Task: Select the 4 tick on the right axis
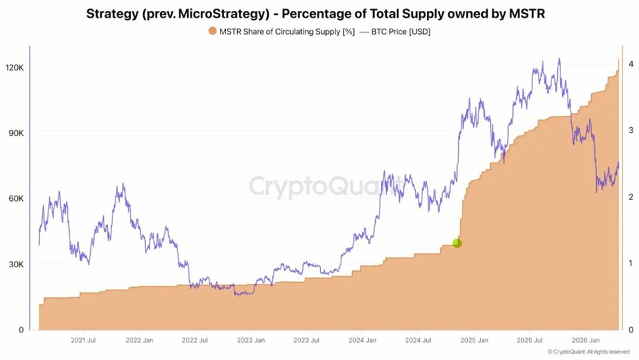[631, 64]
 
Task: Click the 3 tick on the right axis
[631, 130]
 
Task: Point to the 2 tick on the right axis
[631, 197]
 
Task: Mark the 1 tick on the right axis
[631, 263]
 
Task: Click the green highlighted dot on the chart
[457, 243]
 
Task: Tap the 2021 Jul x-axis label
[84, 340]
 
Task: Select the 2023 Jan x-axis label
[250, 340]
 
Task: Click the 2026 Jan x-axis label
[585, 340]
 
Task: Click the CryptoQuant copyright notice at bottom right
[588, 352]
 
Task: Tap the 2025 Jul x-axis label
[530, 340]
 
